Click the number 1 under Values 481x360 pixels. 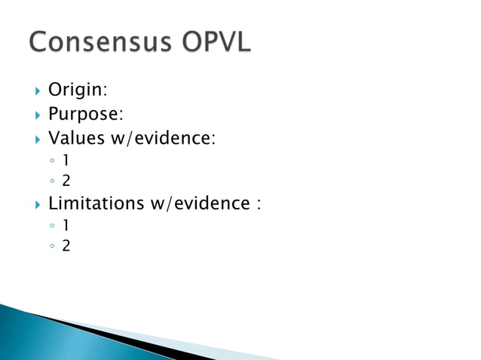(x=66, y=160)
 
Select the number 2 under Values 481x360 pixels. (x=66, y=179)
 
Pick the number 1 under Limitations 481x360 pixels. (x=66, y=225)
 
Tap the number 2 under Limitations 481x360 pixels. (x=66, y=245)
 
